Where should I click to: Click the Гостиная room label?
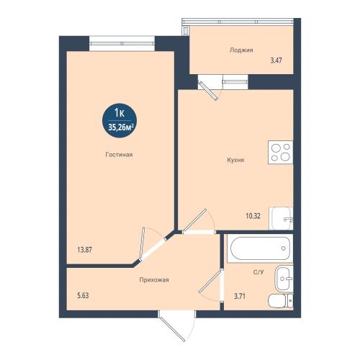pos(119,155)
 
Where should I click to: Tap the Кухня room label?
pos(235,160)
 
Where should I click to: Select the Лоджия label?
pos(241,50)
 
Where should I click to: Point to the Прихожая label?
pos(154,280)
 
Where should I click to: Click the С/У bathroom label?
pos(258,272)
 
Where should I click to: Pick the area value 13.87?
pos(84,250)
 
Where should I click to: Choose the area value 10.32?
pos(253,216)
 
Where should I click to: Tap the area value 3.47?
pos(276,60)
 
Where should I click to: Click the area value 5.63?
pos(83,296)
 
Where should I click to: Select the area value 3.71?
pos(240,297)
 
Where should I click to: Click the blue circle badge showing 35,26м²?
pos(120,120)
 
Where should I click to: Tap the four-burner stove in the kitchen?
pos(281,153)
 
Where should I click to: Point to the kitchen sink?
pos(281,218)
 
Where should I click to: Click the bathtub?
pos(260,248)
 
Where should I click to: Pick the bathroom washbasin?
pos(284,279)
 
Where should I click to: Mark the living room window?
pos(122,43)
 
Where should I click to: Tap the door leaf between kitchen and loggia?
pos(208,91)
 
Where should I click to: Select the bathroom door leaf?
pos(210,281)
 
